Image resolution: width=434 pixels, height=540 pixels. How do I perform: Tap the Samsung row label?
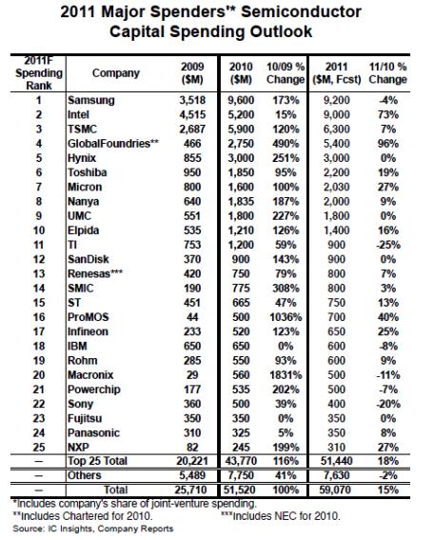[x=90, y=98]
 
